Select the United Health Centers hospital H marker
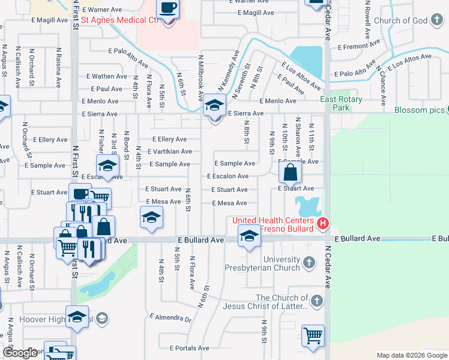point(323,224)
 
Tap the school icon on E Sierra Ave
point(213,107)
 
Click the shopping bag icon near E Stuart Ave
point(290,173)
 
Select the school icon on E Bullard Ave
point(249,236)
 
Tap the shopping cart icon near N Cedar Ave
point(312,337)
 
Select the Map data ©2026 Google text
point(411,355)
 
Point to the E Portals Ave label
point(189,348)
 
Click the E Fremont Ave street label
point(359,46)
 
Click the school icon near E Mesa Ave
point(152,218)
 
